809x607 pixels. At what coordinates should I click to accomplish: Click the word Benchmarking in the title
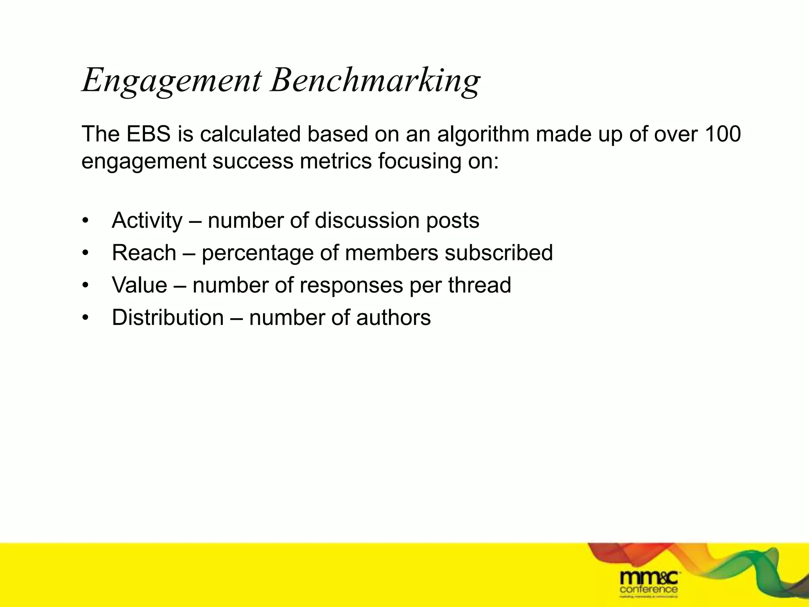[375, 81]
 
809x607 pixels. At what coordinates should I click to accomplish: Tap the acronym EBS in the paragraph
[149, 134]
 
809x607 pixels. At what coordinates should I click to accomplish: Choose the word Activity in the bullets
[147, 221]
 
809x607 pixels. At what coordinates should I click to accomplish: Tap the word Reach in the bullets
[144, 253]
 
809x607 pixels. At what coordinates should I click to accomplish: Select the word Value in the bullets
[139, 285]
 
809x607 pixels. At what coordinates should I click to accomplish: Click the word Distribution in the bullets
[167, 318]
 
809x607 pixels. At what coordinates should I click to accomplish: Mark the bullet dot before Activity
[85, 221]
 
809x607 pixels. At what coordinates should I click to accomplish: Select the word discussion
[367, 221]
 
